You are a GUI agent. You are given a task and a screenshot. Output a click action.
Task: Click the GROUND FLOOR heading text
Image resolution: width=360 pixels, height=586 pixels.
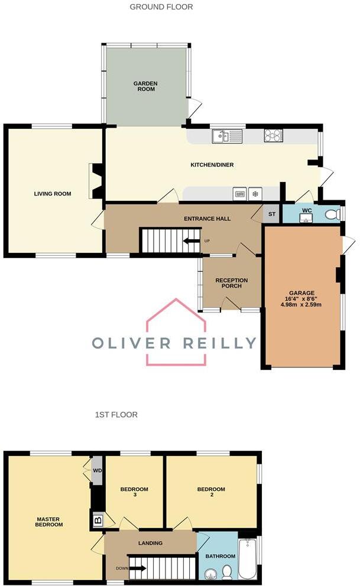click(x=161, y=7)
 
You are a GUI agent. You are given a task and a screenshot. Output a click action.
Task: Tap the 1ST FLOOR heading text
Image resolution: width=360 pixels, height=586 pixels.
click(x=116, y=415)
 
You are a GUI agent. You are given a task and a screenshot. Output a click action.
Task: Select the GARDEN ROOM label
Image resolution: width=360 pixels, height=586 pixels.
click(x=144, y=87)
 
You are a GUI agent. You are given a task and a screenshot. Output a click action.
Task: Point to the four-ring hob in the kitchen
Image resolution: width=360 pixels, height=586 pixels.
click(x=273, y=135)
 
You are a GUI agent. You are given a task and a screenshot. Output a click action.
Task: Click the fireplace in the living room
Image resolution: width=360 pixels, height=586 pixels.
click(x=95, y=181)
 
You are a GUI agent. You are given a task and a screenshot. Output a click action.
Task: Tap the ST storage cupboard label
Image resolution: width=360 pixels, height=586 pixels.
click(x=272, y=214)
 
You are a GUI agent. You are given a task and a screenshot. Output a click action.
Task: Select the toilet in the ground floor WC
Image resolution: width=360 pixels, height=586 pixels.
click(x=333, y=214)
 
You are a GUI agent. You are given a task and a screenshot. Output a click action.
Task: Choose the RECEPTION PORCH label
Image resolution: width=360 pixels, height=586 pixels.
click(x=231, y=283)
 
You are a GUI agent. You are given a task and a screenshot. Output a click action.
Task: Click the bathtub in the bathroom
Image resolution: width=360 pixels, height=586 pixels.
click(x=247, y=559)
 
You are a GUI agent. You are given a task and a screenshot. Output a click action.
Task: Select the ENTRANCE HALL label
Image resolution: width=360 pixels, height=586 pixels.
click(x=207, y=219)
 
